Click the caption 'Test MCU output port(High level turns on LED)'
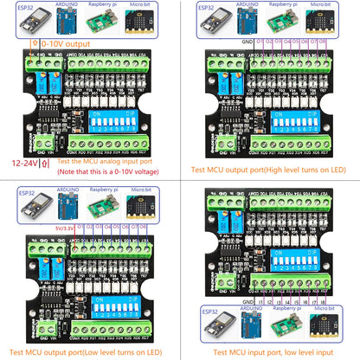point(270,170)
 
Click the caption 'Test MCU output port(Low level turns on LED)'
point(90,351)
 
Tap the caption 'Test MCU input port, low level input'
point(270,351)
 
